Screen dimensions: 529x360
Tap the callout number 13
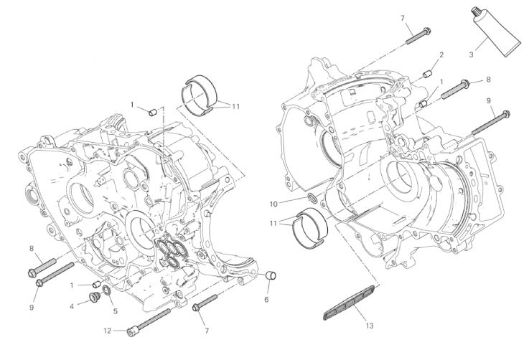(x=370, y=326)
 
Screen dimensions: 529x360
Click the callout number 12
(x=107, y=331)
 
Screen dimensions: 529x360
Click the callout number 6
(x=266, y=299)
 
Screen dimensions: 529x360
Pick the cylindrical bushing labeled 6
(x=271, y=275)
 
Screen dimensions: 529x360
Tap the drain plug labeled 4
(x=93, y=298)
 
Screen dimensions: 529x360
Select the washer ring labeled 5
(x=106, y=290)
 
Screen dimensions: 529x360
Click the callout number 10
(x=273, y=204)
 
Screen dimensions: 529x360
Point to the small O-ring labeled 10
(x=313, y=198)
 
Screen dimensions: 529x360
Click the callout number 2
(x=441, y=55)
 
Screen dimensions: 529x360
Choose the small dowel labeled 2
(x=428, y=73)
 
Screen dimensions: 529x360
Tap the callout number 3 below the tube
(x=472, y=54)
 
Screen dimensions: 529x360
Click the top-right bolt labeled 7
(x=418, y=35)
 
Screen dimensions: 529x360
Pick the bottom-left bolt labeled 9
(x=55, y=275)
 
